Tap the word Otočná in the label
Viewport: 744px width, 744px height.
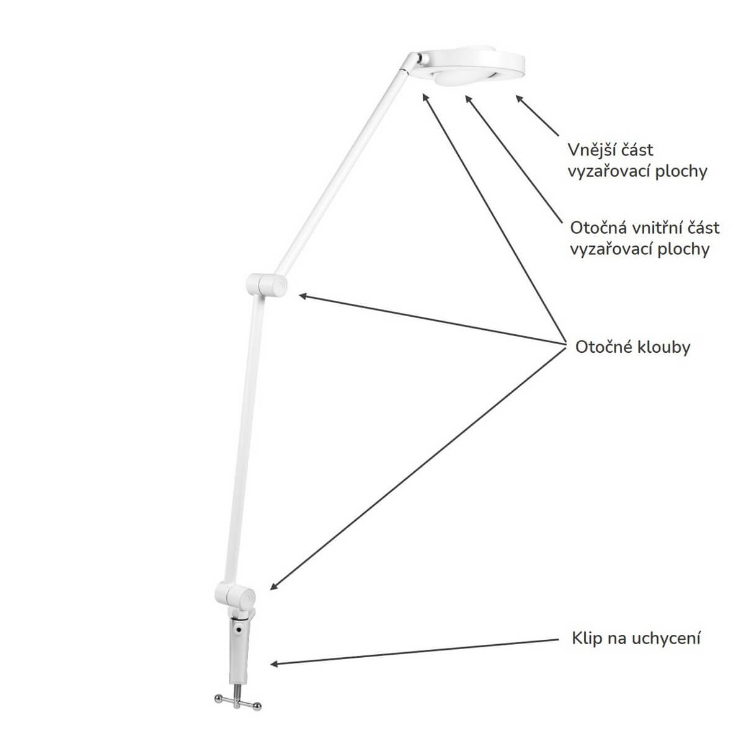(x=599, y=228)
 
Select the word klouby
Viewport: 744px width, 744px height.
(x=663, y=347)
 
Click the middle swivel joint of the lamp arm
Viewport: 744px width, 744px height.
(x=267, y=285)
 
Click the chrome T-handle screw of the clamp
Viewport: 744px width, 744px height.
(x=237, y=694)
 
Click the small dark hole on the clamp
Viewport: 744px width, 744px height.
(x=239, y=630)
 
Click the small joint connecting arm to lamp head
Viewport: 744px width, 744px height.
(x=419, y=61)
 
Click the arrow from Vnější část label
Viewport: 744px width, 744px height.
(x=537, y=115)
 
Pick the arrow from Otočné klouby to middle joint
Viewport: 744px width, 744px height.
(x=432, y=319)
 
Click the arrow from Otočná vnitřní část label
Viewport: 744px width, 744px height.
(x=513, y=159)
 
